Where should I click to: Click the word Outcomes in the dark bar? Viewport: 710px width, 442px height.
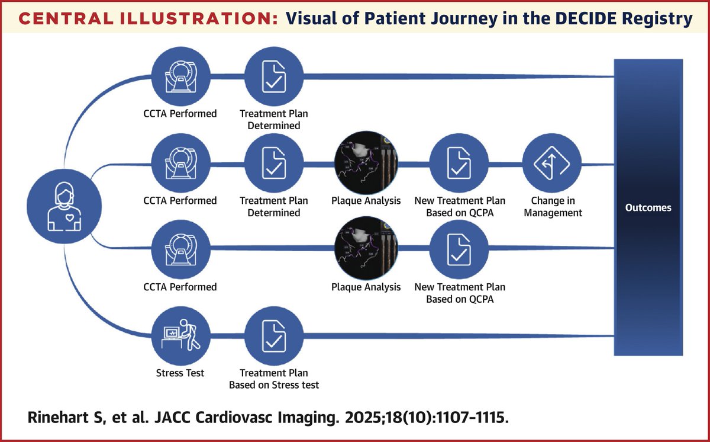click(648, 208)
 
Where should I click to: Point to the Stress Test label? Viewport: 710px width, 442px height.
click(180, 373)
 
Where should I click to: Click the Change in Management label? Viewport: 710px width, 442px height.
click(552, 207)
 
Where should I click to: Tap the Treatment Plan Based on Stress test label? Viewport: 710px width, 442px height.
click(274, 379)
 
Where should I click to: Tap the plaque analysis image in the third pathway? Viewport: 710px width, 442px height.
click(366, 250)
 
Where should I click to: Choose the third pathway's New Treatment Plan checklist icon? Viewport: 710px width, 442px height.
click(459, 250)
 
